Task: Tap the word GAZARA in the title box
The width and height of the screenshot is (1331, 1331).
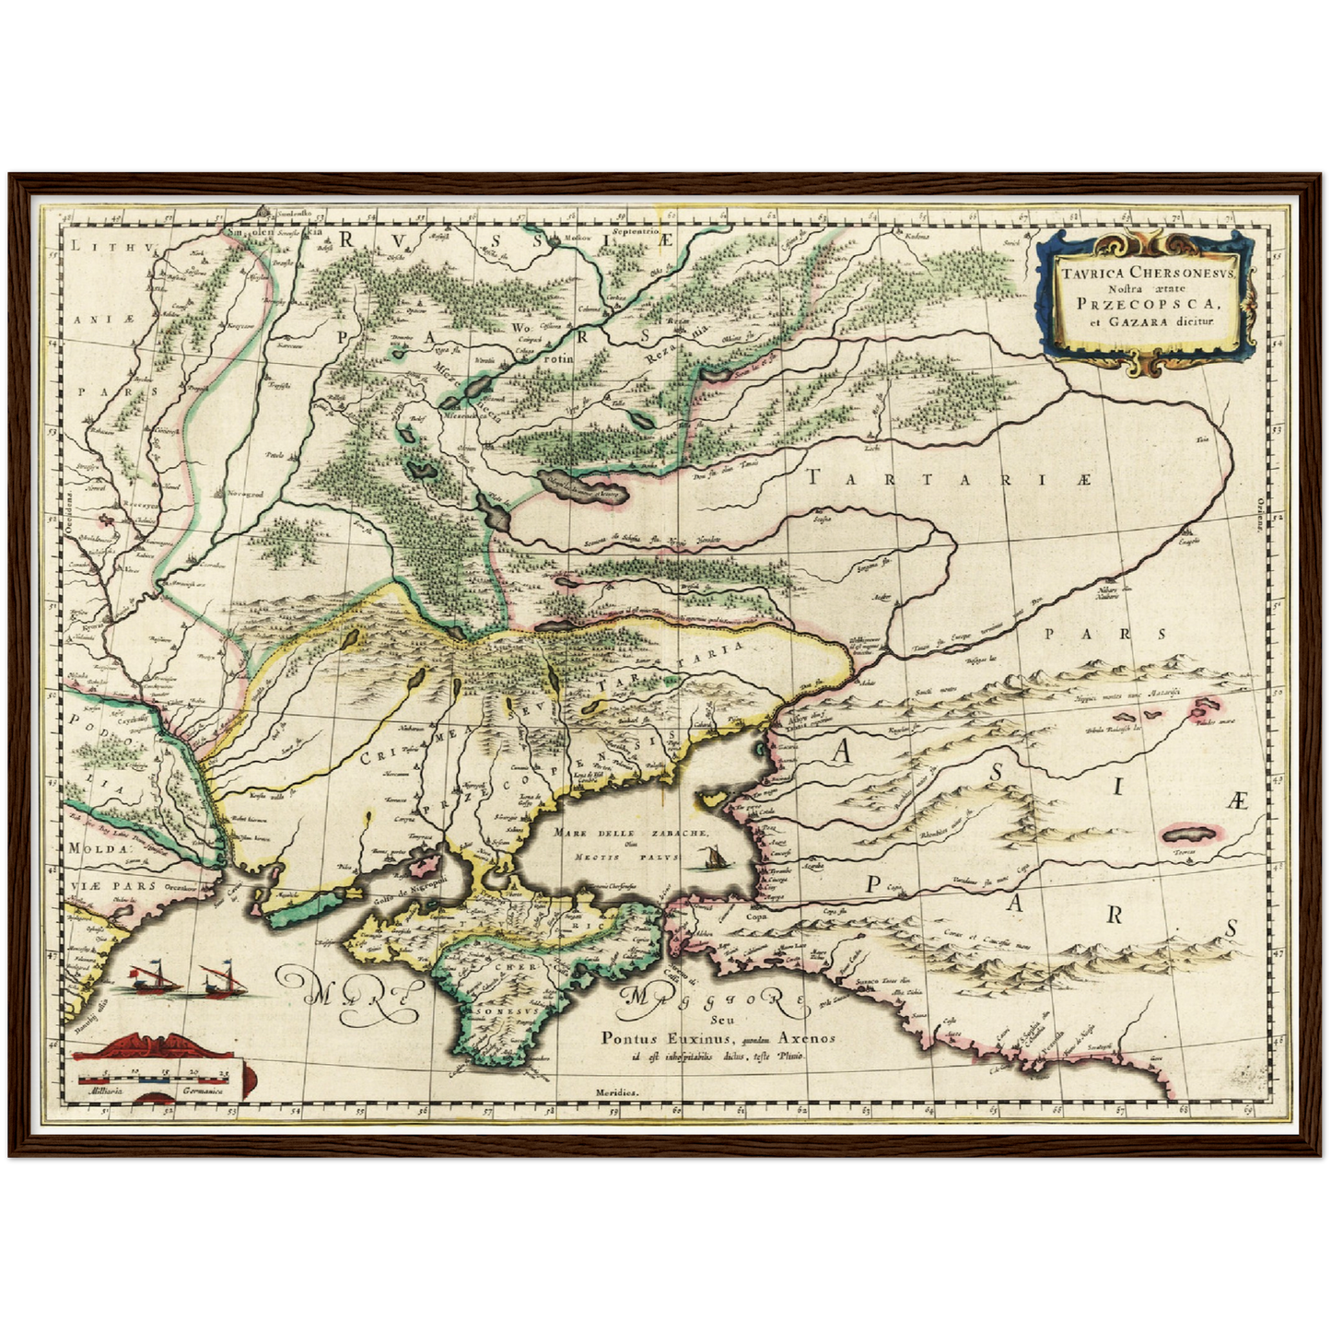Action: pyautogui.click(x=1138, y=322)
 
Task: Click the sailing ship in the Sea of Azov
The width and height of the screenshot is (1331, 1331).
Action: pyautogui.click(x=711, y=859)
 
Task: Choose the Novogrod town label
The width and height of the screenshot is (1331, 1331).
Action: pyautogui.click(x=245, y=494)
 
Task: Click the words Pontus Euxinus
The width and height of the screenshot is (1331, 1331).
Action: pyautogui.click(x=650, y=1037)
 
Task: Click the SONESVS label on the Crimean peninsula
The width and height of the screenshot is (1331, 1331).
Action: pyautogui.click(x=504, y=1010)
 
